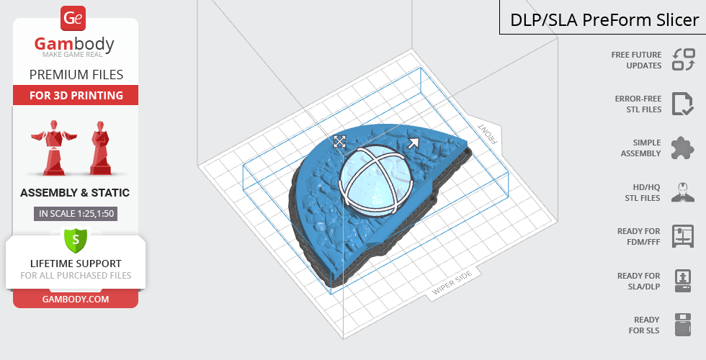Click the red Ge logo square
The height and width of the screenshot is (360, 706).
coord(73,19)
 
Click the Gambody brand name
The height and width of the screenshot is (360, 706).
coord(74,44)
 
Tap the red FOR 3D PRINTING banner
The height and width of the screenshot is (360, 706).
coord(76,95)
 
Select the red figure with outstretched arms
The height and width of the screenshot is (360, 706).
coord(54,147)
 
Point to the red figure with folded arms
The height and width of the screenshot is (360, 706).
coord(100,147)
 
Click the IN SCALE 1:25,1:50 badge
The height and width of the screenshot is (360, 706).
coord(76,214)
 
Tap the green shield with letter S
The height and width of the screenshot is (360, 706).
coord(76,240)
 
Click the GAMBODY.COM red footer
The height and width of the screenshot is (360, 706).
coord(76,300)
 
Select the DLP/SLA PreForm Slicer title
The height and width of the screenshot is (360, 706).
coord(604,20)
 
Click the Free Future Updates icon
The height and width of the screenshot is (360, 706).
coord(684,60)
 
